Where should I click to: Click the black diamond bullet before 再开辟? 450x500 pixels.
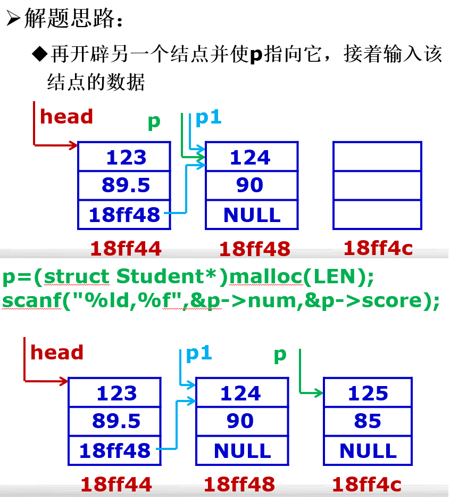point(39,55)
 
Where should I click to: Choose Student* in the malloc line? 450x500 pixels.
point(169,277)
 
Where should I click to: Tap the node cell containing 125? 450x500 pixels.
point(368,394)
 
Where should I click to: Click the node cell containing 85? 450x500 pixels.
point(368,422)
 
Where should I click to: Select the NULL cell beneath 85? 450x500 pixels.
point(368,450)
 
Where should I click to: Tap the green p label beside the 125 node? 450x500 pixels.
point(280,355)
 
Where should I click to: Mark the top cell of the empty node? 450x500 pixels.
point(377,157)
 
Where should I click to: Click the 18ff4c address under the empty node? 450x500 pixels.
point(378,248)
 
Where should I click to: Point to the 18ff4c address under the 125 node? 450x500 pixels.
point(366,484)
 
